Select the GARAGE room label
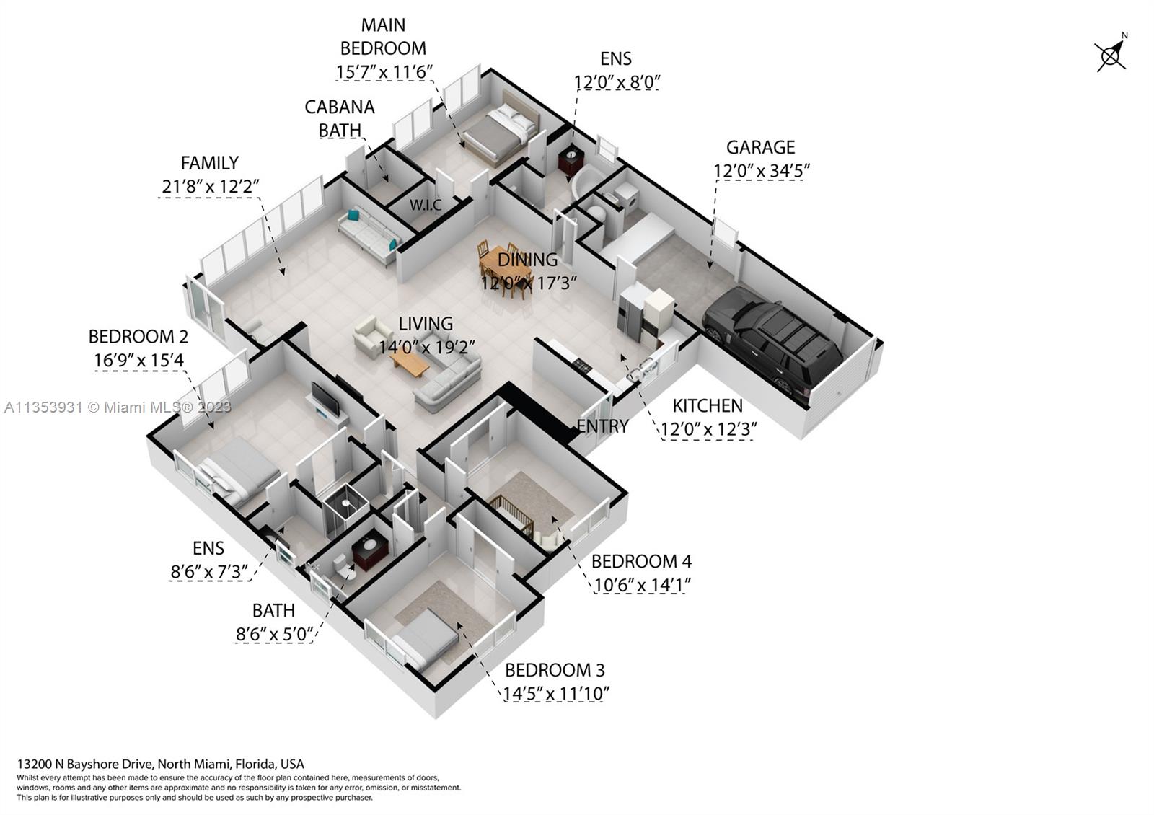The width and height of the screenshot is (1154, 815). pos(760,147)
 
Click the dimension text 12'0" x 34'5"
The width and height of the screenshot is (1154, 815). pos(762,170)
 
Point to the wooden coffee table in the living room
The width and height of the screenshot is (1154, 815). pos(409,364)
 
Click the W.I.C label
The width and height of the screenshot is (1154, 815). pos(426,205)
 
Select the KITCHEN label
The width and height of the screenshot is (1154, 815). pos(708,406)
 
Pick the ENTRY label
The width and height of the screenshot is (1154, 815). pos(602,426)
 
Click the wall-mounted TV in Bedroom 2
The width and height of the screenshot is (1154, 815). pos(325,399)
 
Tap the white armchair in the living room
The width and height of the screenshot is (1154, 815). pos(372,336)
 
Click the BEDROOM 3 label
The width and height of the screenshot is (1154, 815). pos(555,670)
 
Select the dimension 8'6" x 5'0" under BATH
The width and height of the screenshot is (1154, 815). pos(275,634)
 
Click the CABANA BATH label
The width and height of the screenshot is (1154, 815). pos(340,118)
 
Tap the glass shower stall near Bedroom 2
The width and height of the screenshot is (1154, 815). pos(345,509)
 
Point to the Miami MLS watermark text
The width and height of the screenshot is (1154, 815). pos(118,407)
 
